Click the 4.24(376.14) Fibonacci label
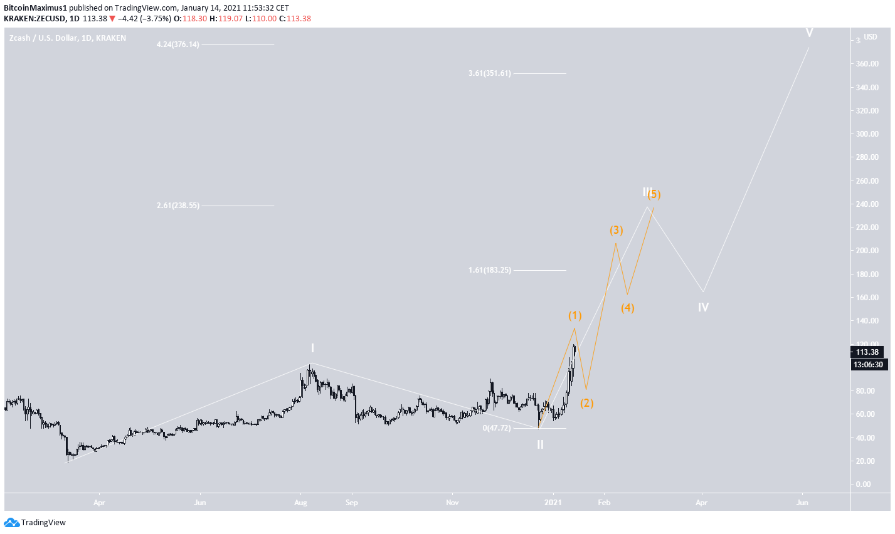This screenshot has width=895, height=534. point(178,45)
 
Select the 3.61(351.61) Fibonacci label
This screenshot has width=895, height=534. point(489,73)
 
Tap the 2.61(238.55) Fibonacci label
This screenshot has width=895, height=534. point(178,206)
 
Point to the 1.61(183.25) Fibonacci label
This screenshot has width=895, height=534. point(489,270)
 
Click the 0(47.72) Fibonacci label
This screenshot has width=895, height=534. point(496,428)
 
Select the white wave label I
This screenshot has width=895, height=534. point(312,348)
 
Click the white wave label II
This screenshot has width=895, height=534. point(540,444)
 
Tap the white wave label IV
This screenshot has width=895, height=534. point(703,307)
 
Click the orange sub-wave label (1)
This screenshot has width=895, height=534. point(575,315)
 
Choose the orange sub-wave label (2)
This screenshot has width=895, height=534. point(586,403)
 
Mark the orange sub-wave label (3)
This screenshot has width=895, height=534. point(617,230)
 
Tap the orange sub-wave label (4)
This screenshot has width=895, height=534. point(627,308)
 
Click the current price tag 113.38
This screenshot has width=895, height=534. point(868,352)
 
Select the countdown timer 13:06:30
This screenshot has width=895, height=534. point(868,365)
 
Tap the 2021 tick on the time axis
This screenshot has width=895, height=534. point(553,503)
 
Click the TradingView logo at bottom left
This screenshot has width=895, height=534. point(35,523)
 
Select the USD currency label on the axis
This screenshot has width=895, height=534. point(870,37)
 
